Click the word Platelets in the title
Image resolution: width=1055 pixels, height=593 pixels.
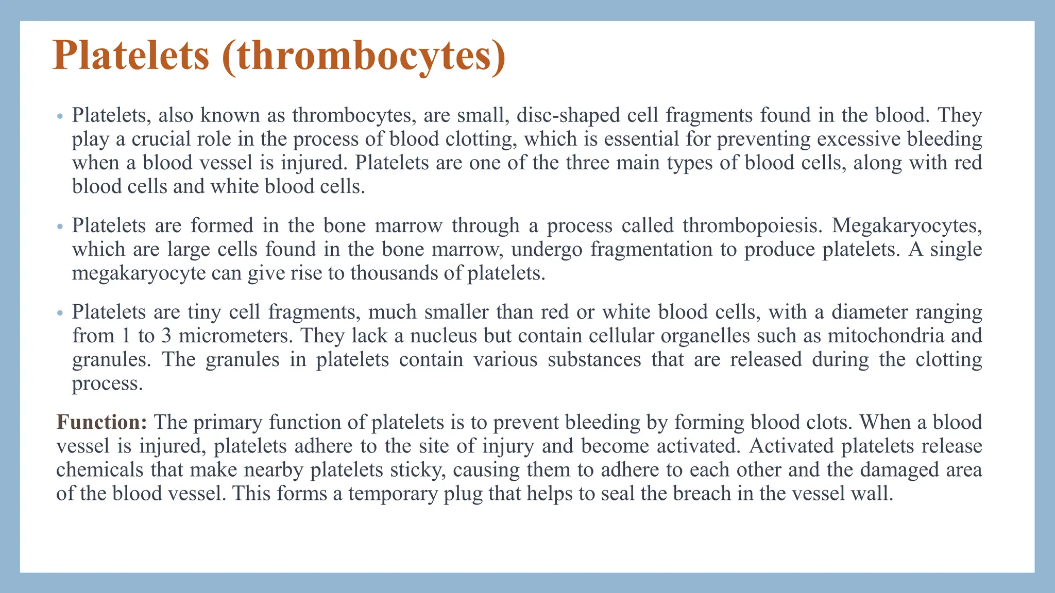(131, 56)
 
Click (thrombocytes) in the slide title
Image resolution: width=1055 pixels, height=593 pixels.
(364, 57)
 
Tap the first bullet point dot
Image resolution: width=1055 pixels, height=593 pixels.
(60, 116)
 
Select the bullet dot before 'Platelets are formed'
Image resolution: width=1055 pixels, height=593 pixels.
(60, 226)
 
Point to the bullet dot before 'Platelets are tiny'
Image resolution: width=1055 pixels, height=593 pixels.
(60, 313)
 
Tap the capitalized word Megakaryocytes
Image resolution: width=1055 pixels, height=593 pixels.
(907, 225)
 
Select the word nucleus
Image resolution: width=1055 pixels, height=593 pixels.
(443, 336)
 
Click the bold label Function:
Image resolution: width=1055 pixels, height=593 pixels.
(102, 422)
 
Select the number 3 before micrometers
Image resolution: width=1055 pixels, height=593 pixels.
(166, 336)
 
